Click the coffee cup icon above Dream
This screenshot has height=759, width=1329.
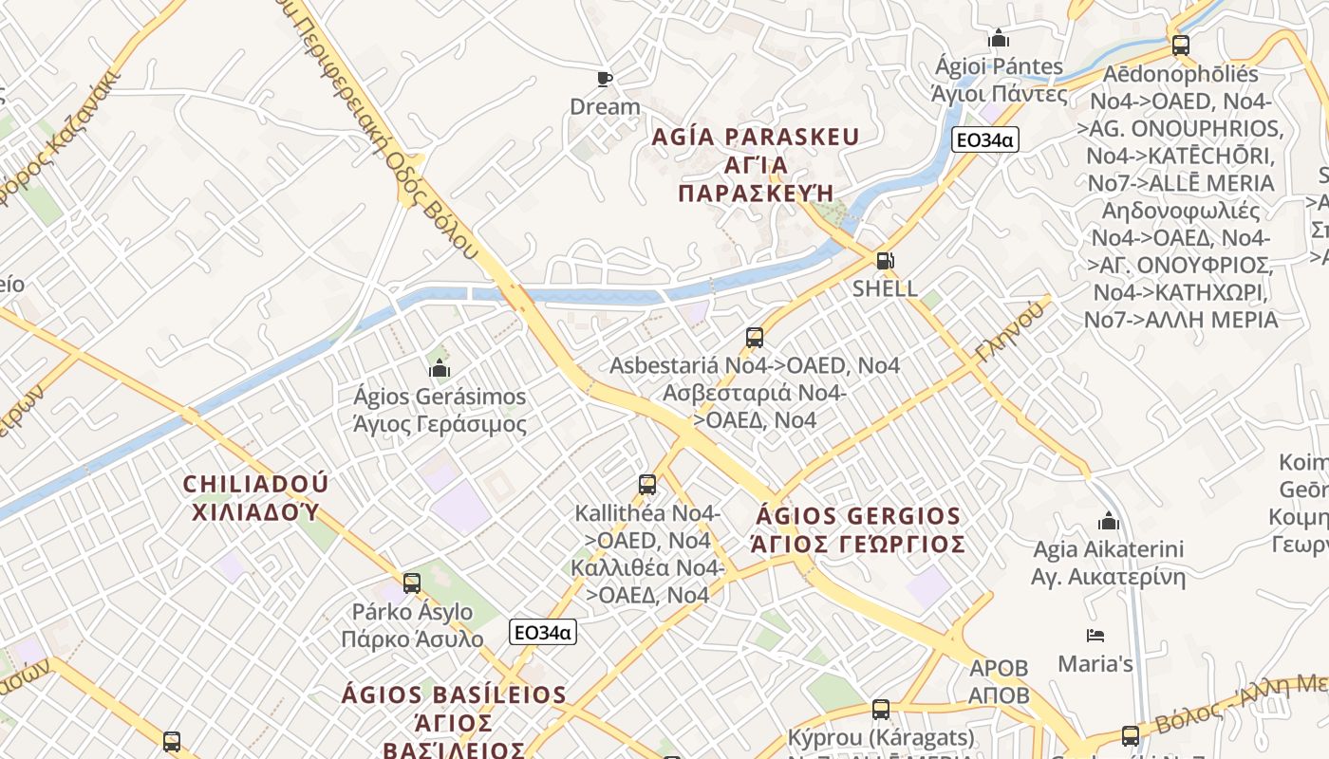click(605, 79)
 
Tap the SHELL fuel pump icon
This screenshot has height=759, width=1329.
click(885, 261)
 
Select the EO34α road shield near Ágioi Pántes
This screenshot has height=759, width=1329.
click(984, 140)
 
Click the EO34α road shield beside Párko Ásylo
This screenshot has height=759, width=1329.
click(543, 632)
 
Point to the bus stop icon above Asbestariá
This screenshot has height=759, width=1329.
click(755, 338)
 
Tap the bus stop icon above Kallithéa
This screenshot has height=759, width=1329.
click(647, 485)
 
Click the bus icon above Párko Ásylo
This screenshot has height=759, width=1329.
click(412, 583)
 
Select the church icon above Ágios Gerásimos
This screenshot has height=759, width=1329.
click(440, 368)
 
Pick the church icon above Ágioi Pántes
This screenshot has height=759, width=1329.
click(999, 39)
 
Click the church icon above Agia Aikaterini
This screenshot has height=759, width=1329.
click(1108, 521)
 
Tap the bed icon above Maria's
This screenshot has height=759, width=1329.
click(1095, 636)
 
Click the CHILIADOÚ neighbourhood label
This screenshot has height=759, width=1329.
click(255, 484)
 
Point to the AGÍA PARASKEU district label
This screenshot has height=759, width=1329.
click(756, 137)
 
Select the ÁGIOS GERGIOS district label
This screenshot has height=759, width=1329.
click(858, 516)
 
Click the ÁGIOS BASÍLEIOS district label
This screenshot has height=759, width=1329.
click(454, 694)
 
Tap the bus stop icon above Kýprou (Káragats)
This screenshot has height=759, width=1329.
click(881, 709)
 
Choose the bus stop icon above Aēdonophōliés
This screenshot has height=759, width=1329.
click(1181, 45)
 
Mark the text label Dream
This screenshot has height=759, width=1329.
click(605, 106)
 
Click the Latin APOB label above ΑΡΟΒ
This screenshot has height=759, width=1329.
click(999, 668)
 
